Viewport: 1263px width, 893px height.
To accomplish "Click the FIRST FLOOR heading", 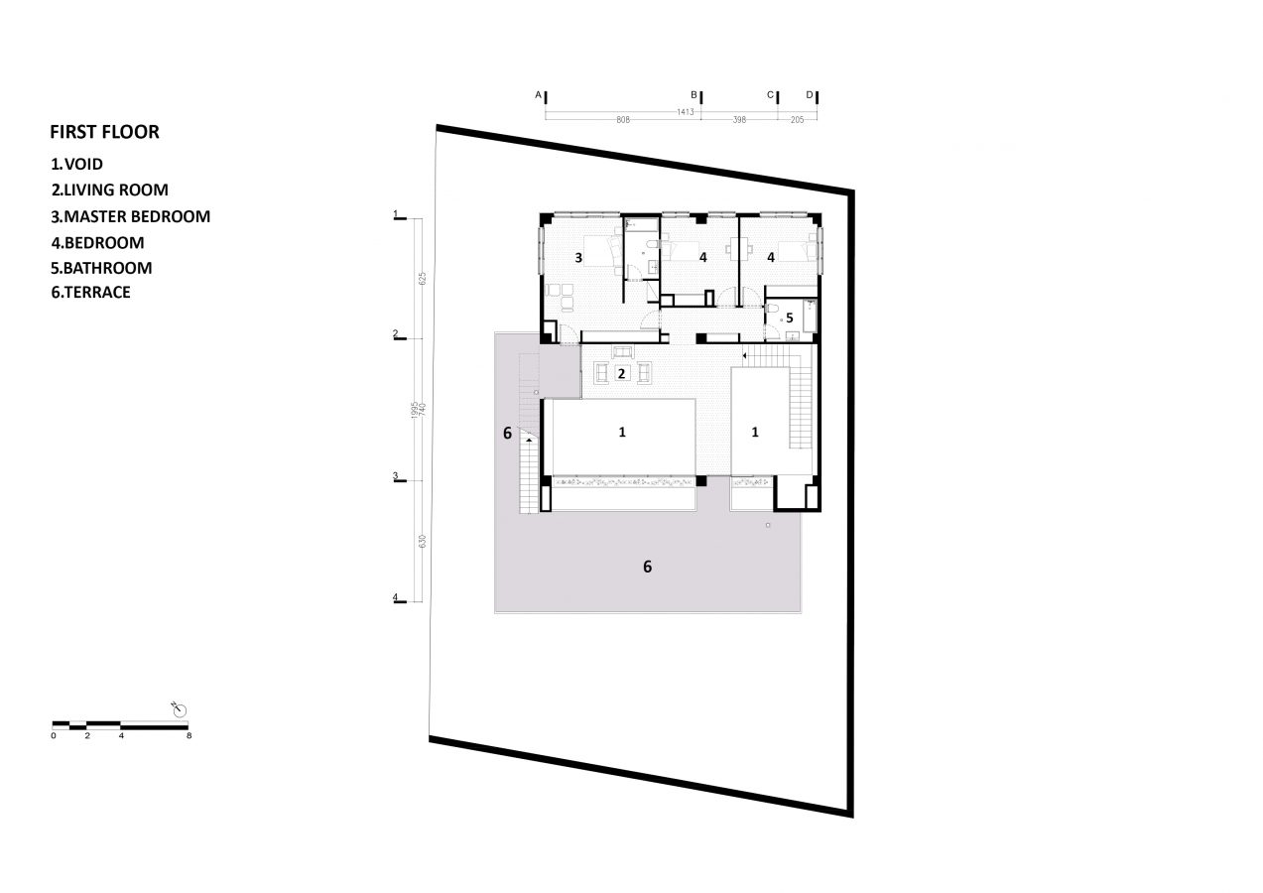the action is pos(105,132).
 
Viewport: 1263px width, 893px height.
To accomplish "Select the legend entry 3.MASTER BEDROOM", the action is pos(130,216).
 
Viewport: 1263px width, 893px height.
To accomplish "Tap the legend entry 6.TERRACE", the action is pos(90,292).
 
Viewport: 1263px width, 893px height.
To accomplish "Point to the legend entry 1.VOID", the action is pos(77,164).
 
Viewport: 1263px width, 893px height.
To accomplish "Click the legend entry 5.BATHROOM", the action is pos(101,268).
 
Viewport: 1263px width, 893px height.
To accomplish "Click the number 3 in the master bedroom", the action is pos(578,258).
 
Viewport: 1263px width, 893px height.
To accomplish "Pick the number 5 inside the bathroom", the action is pos(790,318).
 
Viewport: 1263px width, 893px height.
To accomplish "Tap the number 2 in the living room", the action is pos(622,374).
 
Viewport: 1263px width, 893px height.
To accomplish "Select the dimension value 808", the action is pos(623,120).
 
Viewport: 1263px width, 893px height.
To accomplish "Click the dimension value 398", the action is pos(739,120).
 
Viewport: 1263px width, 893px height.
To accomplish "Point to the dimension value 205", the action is pos(798,120).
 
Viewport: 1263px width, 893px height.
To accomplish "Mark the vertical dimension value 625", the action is pos(423,279).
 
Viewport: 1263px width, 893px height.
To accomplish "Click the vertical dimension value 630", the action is pos(423,541).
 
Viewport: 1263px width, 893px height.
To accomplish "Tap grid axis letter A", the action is pos(539,95).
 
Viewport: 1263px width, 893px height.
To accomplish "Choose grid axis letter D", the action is pos(810,95).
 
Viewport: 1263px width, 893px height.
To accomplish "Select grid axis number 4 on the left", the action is pos(395,597).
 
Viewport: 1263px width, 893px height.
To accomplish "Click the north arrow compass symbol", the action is pos(180,709).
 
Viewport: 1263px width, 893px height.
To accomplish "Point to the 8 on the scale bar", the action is pos(189,735).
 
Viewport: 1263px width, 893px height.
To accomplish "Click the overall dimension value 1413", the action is pos(685,112).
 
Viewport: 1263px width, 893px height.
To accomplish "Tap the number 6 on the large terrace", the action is pos(647,567).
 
